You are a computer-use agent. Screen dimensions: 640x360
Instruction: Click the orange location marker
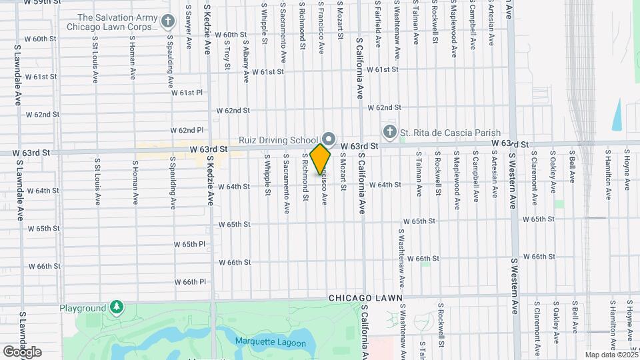321,159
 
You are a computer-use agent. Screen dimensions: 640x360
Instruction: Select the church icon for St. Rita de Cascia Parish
389,131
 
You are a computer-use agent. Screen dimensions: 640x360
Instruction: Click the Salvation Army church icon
168,23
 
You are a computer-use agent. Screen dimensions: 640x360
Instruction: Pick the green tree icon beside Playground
117,307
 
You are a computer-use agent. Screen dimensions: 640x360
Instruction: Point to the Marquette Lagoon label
270,343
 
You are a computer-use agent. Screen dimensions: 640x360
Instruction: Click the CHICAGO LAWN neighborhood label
365,298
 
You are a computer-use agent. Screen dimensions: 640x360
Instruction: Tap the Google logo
22,351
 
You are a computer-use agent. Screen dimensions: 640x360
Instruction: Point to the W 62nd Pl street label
187,130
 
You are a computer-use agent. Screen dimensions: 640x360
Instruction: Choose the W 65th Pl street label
189,244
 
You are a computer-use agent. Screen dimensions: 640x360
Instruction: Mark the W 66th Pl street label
189,281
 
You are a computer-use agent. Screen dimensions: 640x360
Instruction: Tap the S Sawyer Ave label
189,27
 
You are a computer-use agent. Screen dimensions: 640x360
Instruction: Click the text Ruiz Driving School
279,140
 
